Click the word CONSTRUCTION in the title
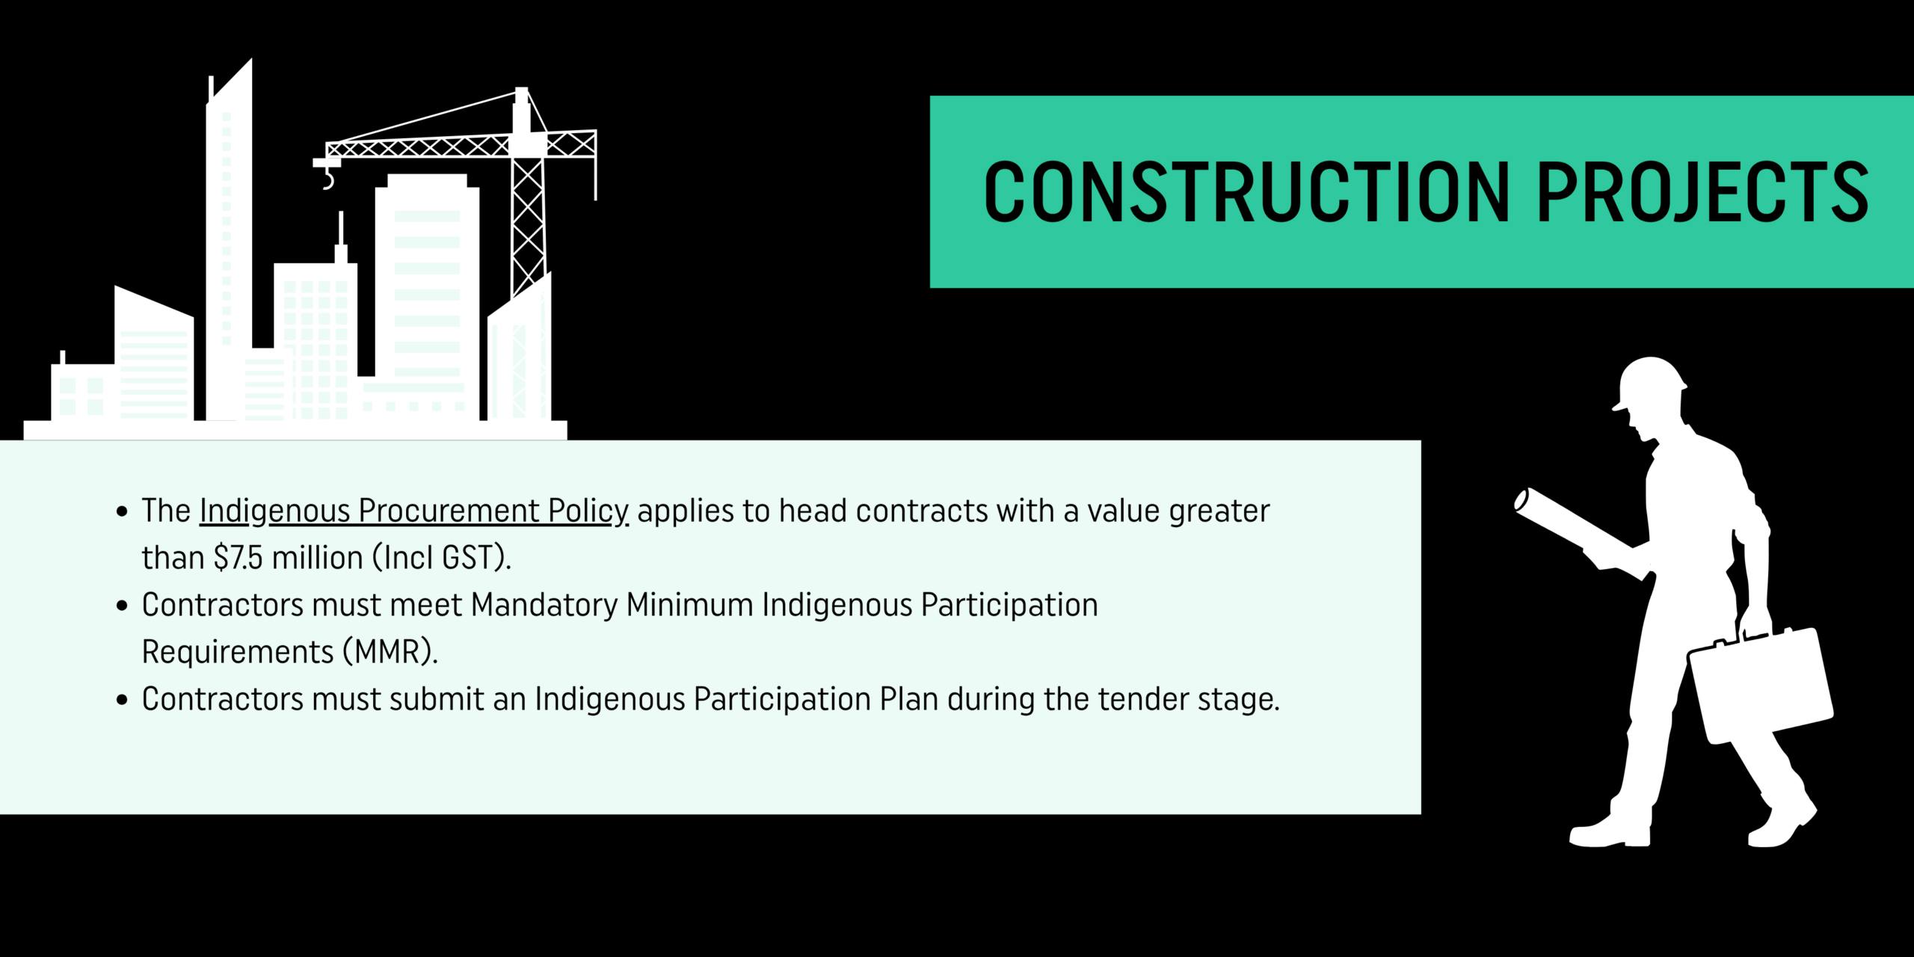(1246, 191)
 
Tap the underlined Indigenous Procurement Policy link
(414, 512)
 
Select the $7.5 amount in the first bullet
(239, 558)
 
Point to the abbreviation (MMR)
(390, 652)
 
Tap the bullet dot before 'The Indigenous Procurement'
(123, 513)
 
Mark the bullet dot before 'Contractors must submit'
(123, 701)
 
